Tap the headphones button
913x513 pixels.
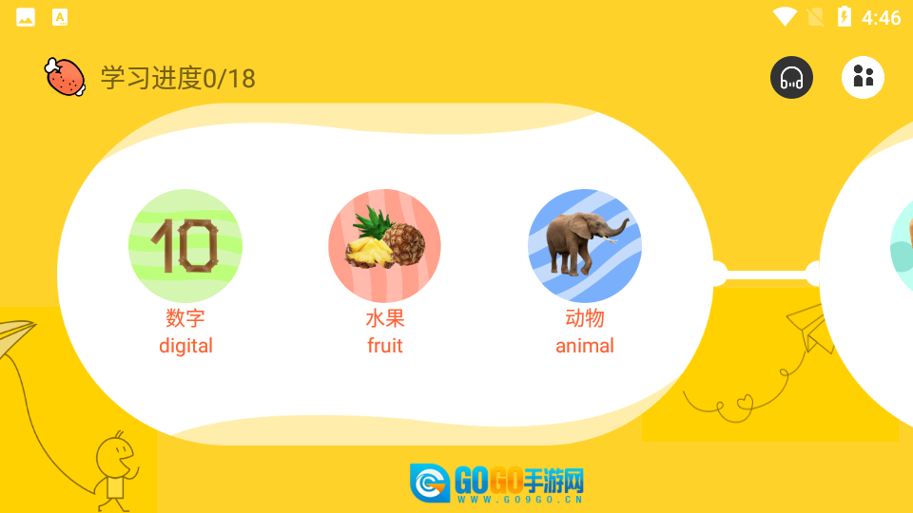[x=791, y=77]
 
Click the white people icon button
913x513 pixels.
[x=863, y=77]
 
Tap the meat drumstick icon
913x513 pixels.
[x=66, y=77]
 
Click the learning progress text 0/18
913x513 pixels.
[x=178, y=78]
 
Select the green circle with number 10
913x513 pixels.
[x=185, y=245]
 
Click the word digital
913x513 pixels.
[x=185, y=346]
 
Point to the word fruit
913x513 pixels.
[x=385, y=346]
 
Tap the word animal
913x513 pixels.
[x=585, y=346]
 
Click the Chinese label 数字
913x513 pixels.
[x=185, y=318]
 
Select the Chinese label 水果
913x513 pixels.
[x=385, y=318]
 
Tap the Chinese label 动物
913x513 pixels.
[x=585, y=318]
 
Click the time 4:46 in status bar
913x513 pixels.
[x=881, y=17]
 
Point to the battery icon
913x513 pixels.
[x=845, y=17]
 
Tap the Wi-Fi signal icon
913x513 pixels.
[x=785, y=17]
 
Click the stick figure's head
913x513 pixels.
[x=115, y=455]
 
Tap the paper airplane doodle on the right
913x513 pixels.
[x=809, y=330]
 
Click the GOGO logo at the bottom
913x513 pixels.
[x=496, y=483]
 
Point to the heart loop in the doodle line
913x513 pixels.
[x=745, y=403]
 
